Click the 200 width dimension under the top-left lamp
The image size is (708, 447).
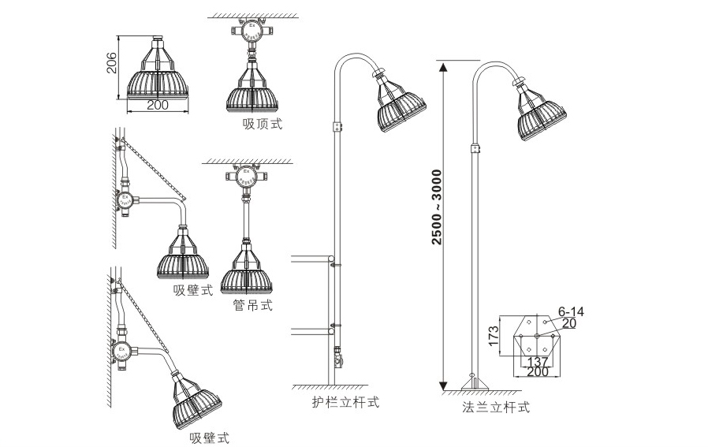[x=158, y=105]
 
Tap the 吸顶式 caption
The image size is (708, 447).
[x=262, y=124]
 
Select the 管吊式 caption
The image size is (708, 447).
[x=252, y=305]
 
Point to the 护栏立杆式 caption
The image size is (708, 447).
[x=345, y=402]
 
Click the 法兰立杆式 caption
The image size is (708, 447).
[x=495, y=408]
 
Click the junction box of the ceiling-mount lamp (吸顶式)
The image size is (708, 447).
[x=252, y=32]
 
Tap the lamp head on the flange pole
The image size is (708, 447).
[x=540, y=114]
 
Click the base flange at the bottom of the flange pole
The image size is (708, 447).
[x=471, y=384]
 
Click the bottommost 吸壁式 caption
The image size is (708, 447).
[x=209, y=438]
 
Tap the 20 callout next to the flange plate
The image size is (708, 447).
[x=568, y=322]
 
